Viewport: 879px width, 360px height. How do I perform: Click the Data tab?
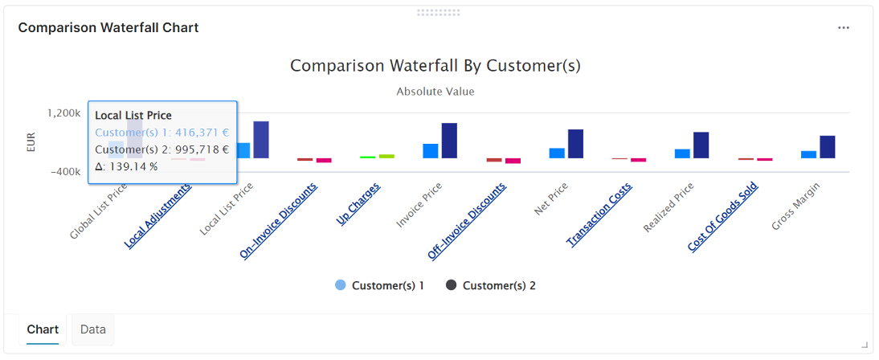pos(93,329)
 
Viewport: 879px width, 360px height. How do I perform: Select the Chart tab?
pos(43,329)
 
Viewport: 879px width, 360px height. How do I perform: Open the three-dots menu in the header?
pos(844,27)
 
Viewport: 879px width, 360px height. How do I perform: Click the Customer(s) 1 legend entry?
pos(379,285)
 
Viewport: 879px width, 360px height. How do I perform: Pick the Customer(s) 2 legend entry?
pos(490,285)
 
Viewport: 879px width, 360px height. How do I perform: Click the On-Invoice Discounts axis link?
pos(279,221)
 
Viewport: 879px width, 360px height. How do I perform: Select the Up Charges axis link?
pos(359,205)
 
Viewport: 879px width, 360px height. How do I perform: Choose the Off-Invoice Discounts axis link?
pos(467,221)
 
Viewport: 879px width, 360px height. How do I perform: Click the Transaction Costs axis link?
pos(600,215)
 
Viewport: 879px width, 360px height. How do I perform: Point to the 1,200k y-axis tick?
pos(64,113)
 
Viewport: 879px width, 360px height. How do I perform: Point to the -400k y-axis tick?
pos(66,172)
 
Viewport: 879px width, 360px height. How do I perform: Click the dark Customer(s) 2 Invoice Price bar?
pos(450,141)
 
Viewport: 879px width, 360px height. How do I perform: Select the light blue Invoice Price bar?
pos(431,151)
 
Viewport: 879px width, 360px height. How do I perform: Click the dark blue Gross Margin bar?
pos(828,147)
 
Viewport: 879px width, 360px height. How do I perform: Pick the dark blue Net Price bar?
pos(576,144)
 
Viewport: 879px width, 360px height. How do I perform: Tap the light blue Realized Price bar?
pos(682,153)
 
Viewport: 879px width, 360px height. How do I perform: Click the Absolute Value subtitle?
pos(435,92)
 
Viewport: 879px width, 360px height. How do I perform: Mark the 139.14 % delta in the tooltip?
pos(127,166)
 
